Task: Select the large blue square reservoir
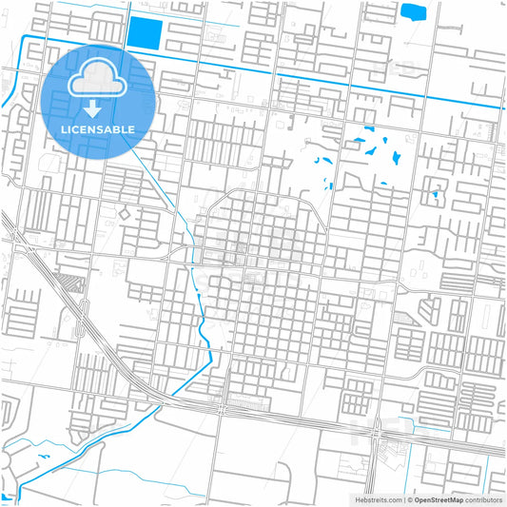144,34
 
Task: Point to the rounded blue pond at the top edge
414,12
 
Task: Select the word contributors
482,498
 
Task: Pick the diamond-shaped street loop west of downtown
124,215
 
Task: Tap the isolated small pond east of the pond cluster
434,195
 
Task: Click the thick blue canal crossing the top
285,78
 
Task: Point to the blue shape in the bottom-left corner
8,496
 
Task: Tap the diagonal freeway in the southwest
86,323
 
